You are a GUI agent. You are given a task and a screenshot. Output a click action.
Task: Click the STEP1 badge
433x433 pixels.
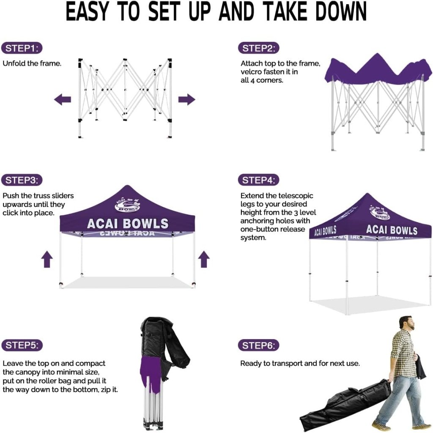tap(22, 48)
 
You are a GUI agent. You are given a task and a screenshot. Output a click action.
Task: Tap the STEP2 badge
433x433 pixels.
tap(258, 48)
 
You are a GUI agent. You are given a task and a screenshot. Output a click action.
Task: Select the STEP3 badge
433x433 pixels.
tap(22, 180)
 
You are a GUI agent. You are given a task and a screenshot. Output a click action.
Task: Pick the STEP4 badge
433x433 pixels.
tap(258, 180)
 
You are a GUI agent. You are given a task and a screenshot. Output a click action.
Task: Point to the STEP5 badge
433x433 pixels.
tap(22, 345)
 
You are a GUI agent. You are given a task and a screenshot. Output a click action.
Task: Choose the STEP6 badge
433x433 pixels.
tap(258, 345)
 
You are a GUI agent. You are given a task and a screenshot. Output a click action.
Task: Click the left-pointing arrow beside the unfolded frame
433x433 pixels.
tap(63, 99)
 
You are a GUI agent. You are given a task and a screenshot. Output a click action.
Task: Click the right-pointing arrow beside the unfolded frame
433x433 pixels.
tap(186, 99)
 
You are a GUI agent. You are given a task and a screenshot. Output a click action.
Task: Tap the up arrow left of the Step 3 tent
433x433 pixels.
tap(47, 259)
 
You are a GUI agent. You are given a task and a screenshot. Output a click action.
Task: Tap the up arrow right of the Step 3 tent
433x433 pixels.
tap(204, 259)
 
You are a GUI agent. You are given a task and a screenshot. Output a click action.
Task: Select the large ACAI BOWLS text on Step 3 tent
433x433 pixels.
tap(128, 224)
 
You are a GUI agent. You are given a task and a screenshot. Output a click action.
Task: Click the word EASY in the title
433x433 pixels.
tap(87, 11)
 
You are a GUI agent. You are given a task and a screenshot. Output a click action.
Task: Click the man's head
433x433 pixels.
tap(407, 324)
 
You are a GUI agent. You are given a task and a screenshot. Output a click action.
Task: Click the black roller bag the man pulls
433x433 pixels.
tap(345, 405)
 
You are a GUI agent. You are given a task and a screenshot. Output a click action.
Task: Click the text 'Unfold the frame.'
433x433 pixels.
tap(32, 63)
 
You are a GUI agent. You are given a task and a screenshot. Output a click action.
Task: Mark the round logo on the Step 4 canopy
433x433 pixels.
tap(380, 212)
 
